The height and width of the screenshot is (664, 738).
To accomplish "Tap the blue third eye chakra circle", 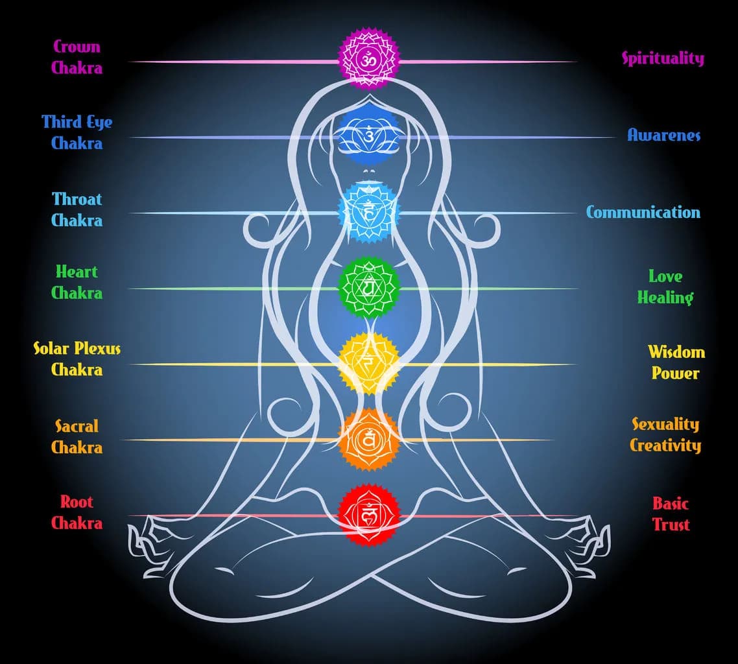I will point(368,136).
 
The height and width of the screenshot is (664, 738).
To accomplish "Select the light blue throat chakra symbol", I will point(368,211).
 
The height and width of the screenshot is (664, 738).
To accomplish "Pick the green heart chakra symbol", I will point(368,287).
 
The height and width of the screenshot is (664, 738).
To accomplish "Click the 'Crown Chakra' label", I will point(77,57).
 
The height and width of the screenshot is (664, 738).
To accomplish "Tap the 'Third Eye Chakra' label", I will point(77,132).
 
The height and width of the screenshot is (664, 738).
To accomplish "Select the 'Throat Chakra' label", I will point(77,209).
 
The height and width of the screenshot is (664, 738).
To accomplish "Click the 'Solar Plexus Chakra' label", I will point(77,359).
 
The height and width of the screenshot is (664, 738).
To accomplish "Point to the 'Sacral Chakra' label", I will point(77,436).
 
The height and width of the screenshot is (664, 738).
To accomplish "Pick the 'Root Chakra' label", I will point(77,512).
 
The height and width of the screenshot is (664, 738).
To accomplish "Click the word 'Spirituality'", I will point(663,58).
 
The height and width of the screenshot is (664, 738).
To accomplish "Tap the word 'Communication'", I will point(643,212).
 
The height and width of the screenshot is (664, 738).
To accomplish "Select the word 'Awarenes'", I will point(664,135).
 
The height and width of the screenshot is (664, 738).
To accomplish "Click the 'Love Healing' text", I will point(665,287).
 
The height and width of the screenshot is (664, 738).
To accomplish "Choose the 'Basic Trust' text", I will point(671,514).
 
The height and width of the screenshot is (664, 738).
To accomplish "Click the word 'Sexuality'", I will point(665,425).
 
